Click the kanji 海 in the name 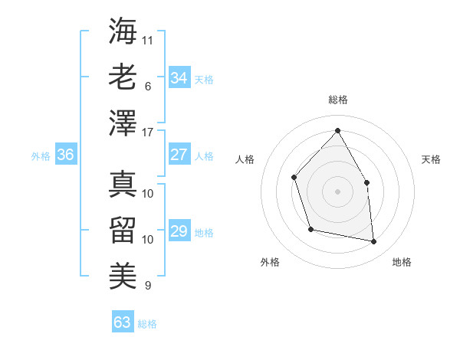pyautogui.click(x=123, y=30)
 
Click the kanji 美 pyautogui.click(x=123, y=273)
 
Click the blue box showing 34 pyautogui.click(x=179, y=78)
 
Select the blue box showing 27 pyautogui.click(x=179, y=155)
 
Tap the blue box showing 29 pyautogui.click(x=179, y=231)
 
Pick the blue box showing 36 pyautogui.click(x=65, y=155)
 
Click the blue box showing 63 pyautogui.click(x=122, y=322)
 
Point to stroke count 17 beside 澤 pyautogui.click(x=149, y=133)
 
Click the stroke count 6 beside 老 pyautogui.click(x=148, y=87)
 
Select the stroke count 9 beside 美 pyautogui.click(x=148, y=286)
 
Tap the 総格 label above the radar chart pyautogui.click(x=337, y=100)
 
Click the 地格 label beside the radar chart pyautogui.click(x=402, y=262)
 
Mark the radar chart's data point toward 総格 pyautogui.click(x=337, y=131)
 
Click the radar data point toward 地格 pyautogui.click(x=373, y=241)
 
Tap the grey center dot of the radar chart pyautogui.click(x=337, y=191)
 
